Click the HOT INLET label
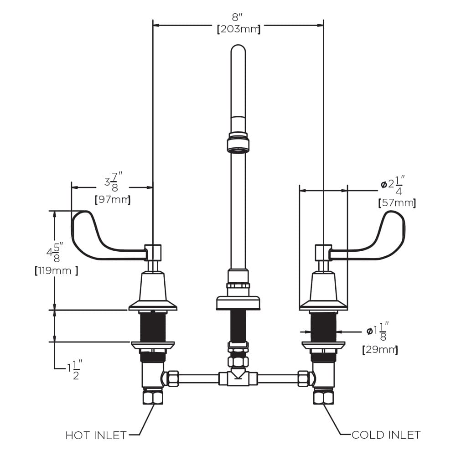pyautogui.click(x=96, y=435)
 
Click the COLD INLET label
pyautogui.click(x=386, y=435)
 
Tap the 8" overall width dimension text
pyautogui.click(x=238, y=18)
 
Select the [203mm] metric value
pyautogui.click(x=238, y=30)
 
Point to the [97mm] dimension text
pyautogui.click(x=112, y=199)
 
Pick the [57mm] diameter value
pyautogui.click(x=397, y=203)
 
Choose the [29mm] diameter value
pyautogui.click(x=380, y=350)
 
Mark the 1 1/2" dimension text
pyautogui.click(x=73, y=369)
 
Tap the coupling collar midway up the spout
pyautogui.click(x=238, y=142)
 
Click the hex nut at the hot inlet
pyautogui.click(x=152, y=397)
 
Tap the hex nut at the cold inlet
pyautogui.click(x=323, y=397)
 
